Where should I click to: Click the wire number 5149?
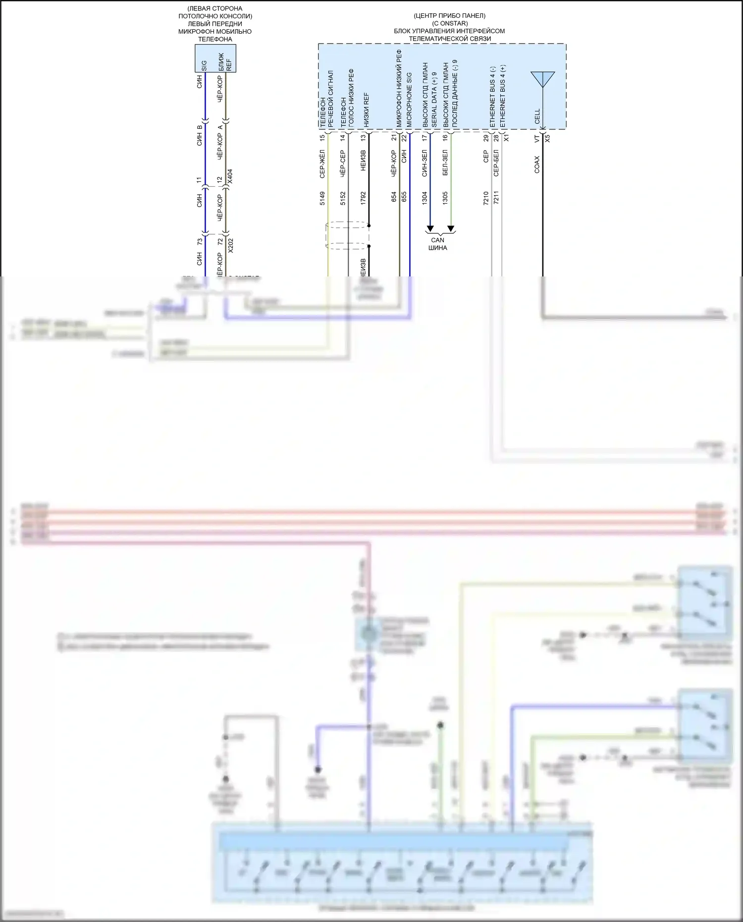(x=322, y=198)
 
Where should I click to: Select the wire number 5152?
(x=343, y=198)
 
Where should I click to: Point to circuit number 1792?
(x=363, y=198)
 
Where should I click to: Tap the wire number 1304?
(x=425, y=198)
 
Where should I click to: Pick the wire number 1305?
(x=445, y=198)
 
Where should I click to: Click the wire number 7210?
(x=486, y=198)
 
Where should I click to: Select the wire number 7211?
(x=496, y=198)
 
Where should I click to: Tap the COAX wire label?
(x=537, y=164)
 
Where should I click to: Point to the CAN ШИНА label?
(x=438, y=244)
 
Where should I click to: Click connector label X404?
(x=229, y=177)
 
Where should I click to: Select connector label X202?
(x=230, y=245)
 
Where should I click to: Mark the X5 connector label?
(x=547, y=138)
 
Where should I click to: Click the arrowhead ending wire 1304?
(x=430, y=229)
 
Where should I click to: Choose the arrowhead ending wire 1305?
(x=451, y=229)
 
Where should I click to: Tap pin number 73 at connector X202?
(x=200, y=241)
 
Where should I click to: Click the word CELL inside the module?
(x=537, y=116)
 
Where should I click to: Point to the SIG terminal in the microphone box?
(x=204, y=66)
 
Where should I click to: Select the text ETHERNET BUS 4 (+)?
(x=503, y=97)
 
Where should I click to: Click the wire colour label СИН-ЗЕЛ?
(x=425, y=163)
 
